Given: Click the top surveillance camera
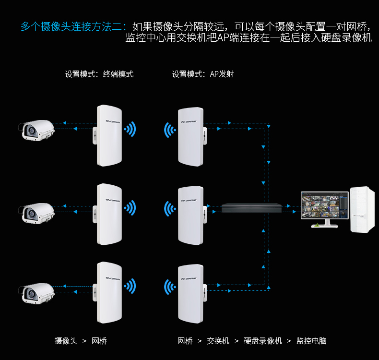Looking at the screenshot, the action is pyautogui.click(x=37, y=130).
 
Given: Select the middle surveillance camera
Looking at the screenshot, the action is pyautogui.click(x=37, y=213).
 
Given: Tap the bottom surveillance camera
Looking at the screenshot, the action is pyautogui.click(x=37, y=293).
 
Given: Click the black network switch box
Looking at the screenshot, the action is pyautogui.click(x=251, y=208).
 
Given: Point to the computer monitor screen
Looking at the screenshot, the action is pyautogui.click(x=325, y=205).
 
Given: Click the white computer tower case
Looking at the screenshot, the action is pyautogui.click(x=362, y=209).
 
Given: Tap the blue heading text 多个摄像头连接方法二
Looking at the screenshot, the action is pyautogui.click(x=73, y=26).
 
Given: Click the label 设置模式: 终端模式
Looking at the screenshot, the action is pyautogui.click(x=99, y=74).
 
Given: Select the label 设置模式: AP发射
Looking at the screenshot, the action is pyautogui.click(x=203, y=74).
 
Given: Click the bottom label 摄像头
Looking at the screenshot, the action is pyautogui.click(x=66, y=341).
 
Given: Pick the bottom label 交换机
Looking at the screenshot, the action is pyautogui.click(x=218, y=341).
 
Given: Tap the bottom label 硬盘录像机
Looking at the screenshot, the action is pyautogui.click(x=263, y=341).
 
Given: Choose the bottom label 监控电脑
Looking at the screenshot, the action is pyautogui.click(x=311, y=341).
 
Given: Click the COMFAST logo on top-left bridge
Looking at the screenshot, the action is pyautogui.click(x=113, y=121).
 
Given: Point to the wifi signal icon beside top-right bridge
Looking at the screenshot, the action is pyautogui.click(x=170, y=130).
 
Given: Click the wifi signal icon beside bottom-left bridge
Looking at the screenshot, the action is pyautogui.click(x=130, y=286).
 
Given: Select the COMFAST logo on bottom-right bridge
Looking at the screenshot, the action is pyautogui.click(x=189, y=278).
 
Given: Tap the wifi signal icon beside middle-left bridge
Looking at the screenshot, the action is pyautogui.click(x=130, y=208).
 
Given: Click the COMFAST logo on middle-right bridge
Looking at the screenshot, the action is pyautogui.click(x=189, y=200).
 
